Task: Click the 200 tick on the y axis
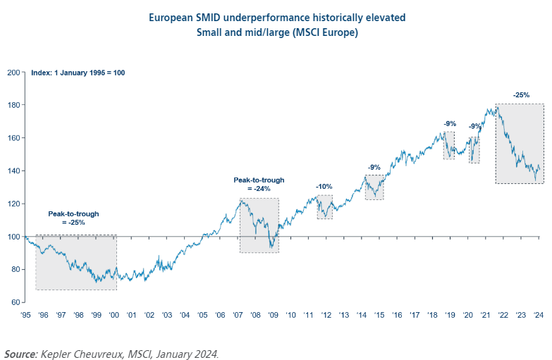[x=13, y=72]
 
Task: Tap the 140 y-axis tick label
[x=13, y=170]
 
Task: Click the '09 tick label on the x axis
[x=274, y=316]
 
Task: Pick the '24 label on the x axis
[x=539, y=316]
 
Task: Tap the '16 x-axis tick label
[x=398, y=316]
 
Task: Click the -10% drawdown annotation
[x=324, y=187]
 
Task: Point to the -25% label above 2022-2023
[x=521, y=94]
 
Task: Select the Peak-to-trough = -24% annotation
[x=259, y=185]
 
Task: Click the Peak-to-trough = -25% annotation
[x=73, y=218]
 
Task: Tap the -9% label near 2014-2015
[x=374, y=167]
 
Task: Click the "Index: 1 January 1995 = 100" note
[x=78, y=73]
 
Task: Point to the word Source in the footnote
[x=21, y=353]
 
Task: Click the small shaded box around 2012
[x=324, y=207]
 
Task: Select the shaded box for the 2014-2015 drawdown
[x=374, y=187]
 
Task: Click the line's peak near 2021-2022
[x=496, y=107]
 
